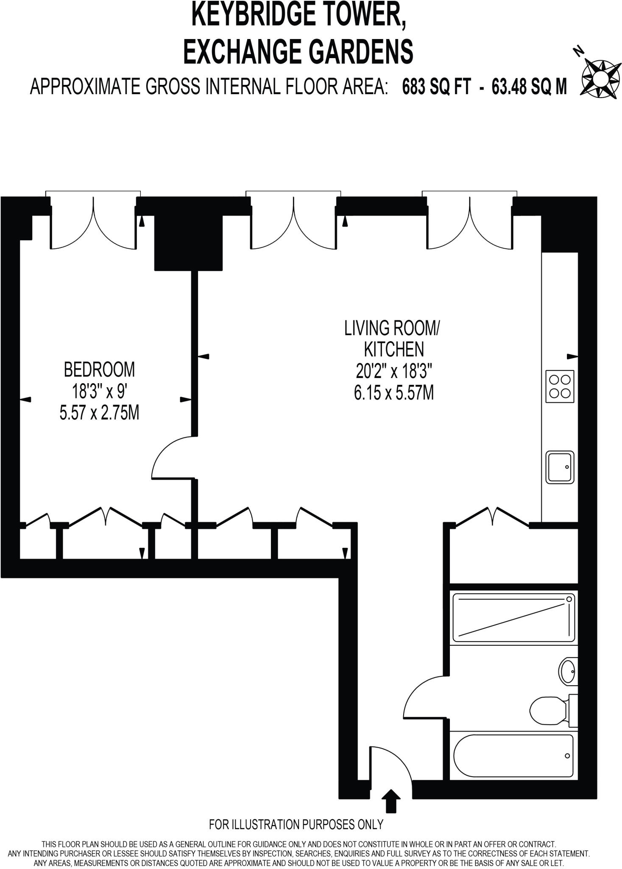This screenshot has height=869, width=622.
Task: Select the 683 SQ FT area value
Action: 436,87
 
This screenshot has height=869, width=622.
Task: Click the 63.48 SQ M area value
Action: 529,87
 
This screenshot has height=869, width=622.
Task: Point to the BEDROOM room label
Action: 99,369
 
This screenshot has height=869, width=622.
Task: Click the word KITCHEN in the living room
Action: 394,349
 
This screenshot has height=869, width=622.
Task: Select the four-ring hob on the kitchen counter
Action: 559,386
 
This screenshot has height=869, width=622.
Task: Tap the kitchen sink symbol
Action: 560,467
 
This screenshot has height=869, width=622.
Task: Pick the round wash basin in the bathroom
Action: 567,671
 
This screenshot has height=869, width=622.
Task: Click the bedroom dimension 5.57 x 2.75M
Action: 99,413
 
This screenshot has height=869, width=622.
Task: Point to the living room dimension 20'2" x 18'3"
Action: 393,372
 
